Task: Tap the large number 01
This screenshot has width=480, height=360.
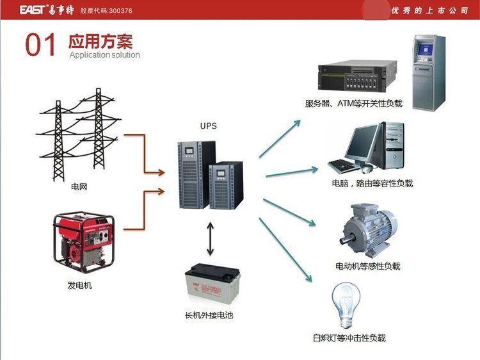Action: point(41,45)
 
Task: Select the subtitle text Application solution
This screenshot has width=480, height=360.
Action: point(104,55)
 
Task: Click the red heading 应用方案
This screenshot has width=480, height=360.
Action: point(100,42)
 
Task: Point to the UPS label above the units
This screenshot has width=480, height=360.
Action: point(209,126)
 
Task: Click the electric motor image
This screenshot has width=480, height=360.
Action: point(367,228)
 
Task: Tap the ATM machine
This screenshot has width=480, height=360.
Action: point(428,72)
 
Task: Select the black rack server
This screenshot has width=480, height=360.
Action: point(356,78)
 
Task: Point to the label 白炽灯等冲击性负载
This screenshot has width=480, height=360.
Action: point(349,338)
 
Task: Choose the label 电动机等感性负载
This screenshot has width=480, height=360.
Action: point(367,266)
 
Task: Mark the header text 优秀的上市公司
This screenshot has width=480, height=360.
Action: point(430,11)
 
